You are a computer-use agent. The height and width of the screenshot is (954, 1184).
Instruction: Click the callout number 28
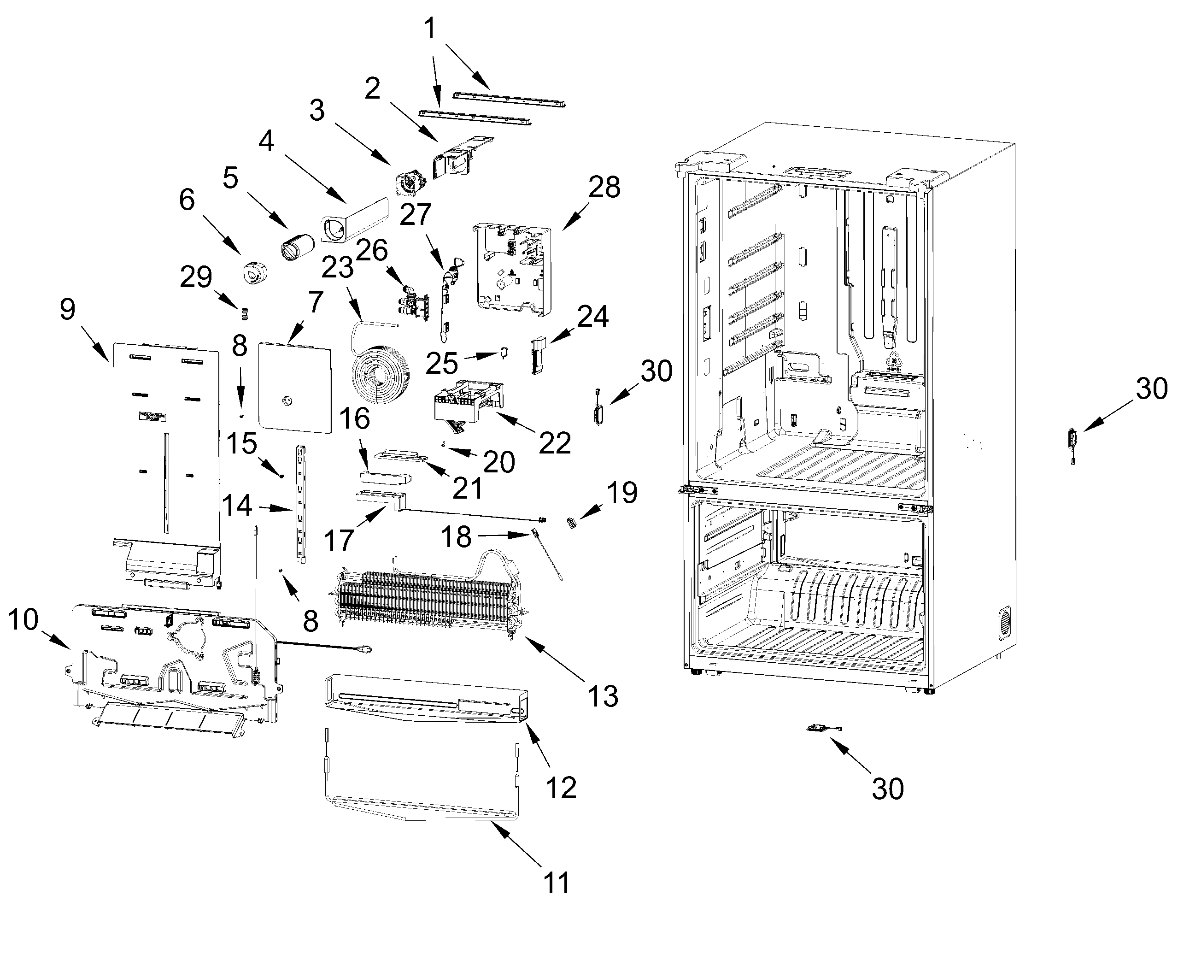point(604,188)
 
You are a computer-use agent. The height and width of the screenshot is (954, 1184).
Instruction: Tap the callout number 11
point(556,883)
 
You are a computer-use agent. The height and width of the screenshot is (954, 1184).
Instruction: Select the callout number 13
point(603,696)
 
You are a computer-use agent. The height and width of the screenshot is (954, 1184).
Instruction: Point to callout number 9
point(67,310)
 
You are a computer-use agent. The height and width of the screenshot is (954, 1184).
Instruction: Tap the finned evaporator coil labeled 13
point(428,602)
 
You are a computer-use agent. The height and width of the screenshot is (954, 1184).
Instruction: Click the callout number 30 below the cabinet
point(887,789)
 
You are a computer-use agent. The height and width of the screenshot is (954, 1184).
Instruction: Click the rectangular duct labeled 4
point(354,221)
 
